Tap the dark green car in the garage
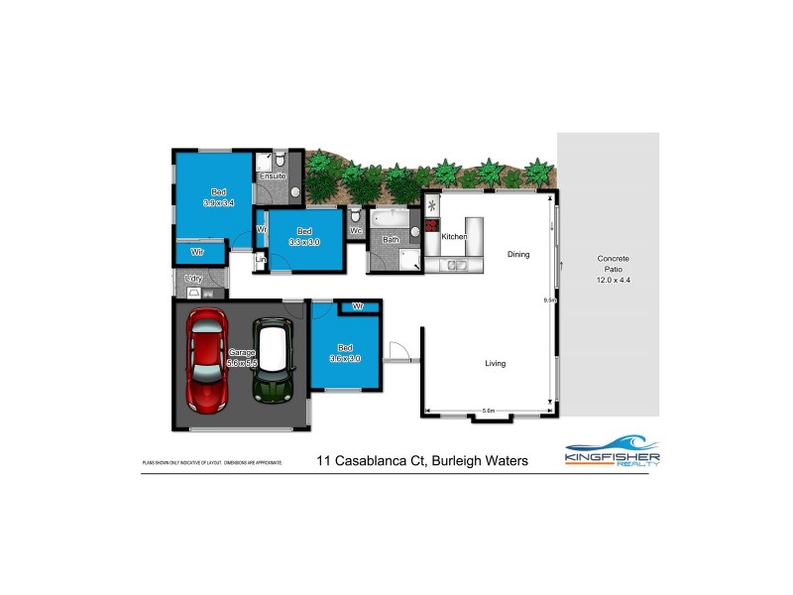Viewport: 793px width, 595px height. pyautogui.click(x=270, y=360)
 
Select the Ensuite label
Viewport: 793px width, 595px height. pyautogui.click(x=272, y=177)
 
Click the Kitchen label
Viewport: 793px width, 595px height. pyautogui.click(x=454, y=237)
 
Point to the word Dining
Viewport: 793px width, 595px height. pyautogui.click(x=518, y=255)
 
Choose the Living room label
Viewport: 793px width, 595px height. pyautogui.click(x=495, y=363)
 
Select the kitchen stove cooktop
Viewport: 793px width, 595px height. pyautogui.click(x=432, y=226)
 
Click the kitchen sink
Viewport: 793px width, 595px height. pyautogui.click(x=457, y=265)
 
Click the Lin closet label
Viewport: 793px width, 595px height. pyautogui.click(x=261, y=260)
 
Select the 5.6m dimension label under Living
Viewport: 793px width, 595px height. pyautogui.click(x=488, y=411)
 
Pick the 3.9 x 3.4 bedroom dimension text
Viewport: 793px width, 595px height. pyautogui.click(x=218, y=202)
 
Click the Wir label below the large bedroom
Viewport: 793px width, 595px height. pyautogui.click(x=197, y=253)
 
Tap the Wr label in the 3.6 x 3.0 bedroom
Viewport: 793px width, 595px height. pyautogui.click(x=357, y=306)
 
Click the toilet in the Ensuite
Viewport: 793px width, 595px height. pyautogui.click(x=281, y=159)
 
